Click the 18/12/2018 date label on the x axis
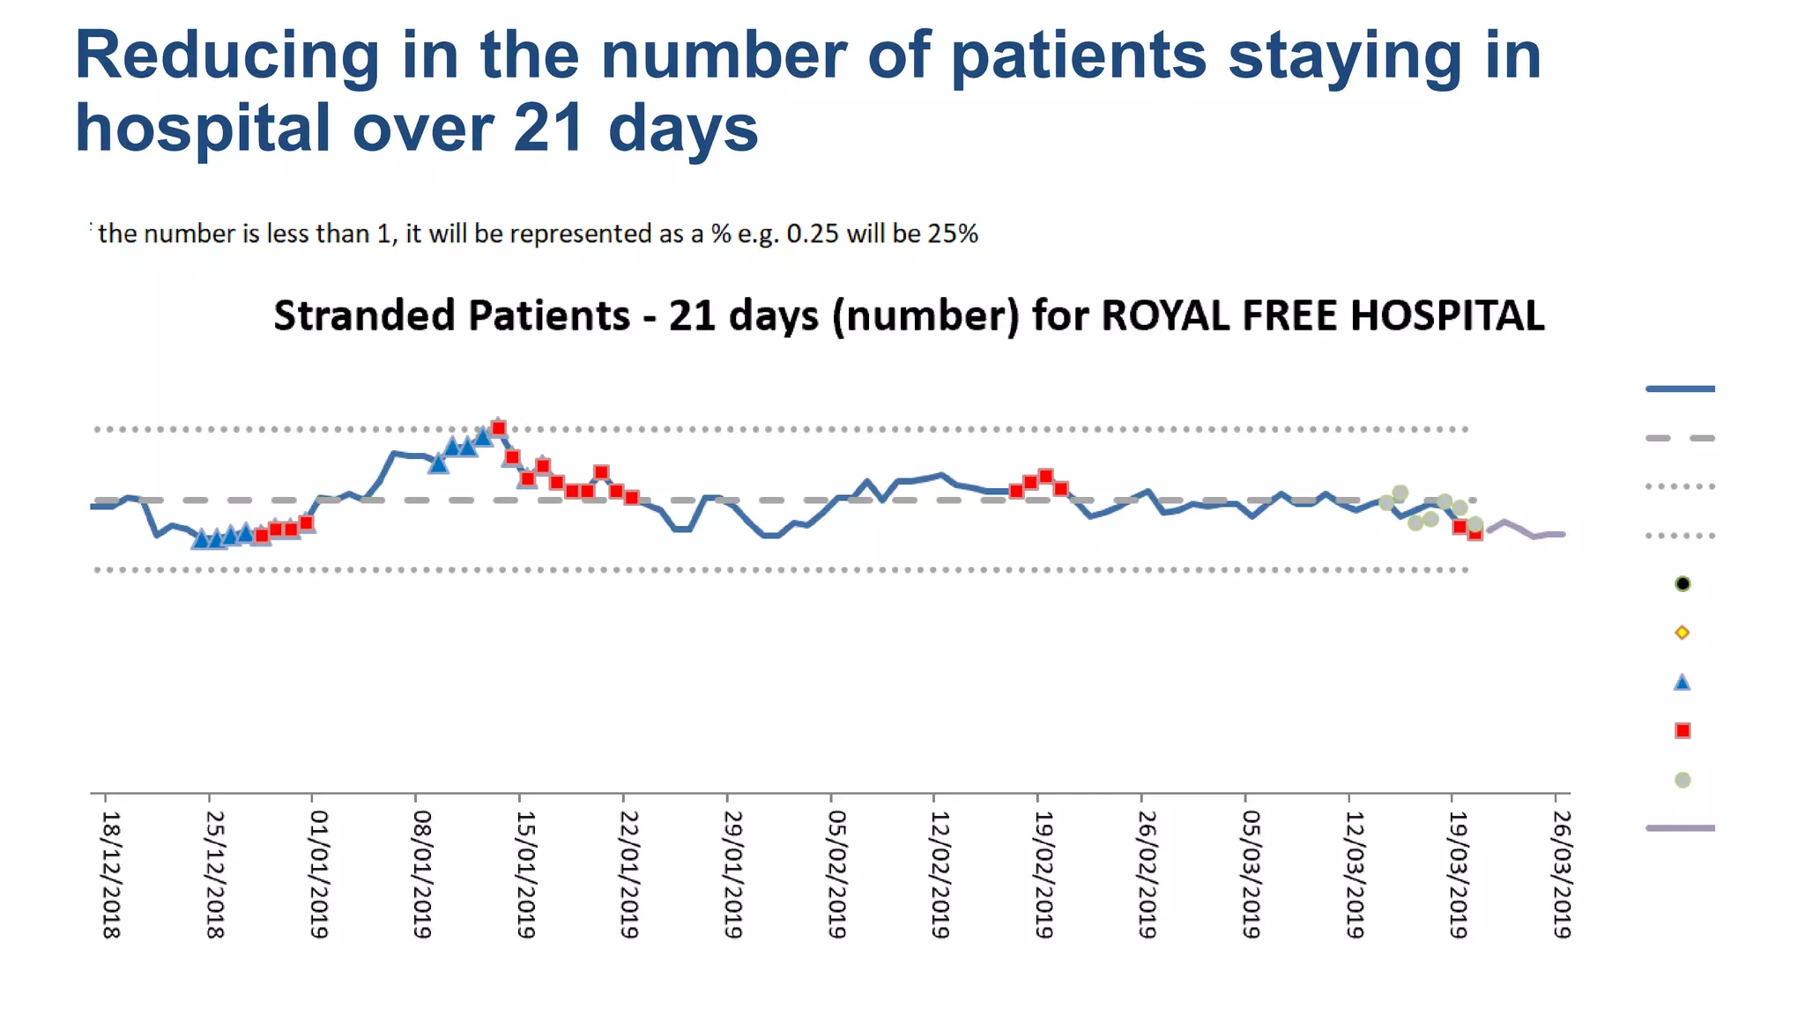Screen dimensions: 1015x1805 pos(111,874)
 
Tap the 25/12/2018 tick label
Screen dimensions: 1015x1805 pos(215,874)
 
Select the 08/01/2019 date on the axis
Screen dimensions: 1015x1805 pos(422,874)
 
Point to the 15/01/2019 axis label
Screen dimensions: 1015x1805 pos(526,874)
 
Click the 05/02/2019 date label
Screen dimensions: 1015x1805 pos(837,874)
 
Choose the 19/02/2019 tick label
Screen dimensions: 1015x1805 pos(1044,874)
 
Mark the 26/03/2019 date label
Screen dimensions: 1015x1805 pos(1562,874)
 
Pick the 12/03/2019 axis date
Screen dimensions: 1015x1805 pos(1355,874)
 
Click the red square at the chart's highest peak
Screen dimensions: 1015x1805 pos(499,428)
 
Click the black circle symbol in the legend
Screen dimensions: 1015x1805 pos(1682,583)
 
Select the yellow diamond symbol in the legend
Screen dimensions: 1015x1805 pos(1682,633)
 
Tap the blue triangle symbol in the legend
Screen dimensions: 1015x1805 pos(1682,682)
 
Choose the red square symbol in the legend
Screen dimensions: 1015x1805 pos(1682,730)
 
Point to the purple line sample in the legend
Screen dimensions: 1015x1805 pos(1680,828)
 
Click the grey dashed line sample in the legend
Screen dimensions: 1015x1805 pos(1680,438)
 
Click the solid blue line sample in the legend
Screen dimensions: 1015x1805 pos(1680,389)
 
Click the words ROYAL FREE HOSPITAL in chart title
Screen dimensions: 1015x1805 pos(1322,315)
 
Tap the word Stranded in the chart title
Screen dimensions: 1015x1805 pos(363,315)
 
